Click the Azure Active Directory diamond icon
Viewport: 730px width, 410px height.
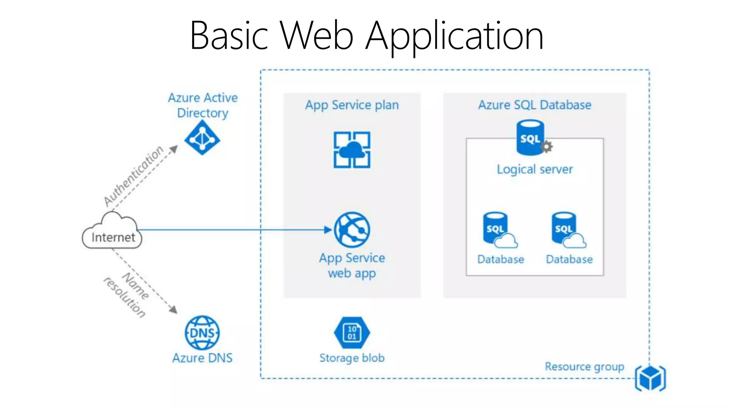tap(202, 138)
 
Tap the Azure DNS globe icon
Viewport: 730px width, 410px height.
tap(202, 333)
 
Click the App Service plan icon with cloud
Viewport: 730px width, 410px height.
tap(352, 150)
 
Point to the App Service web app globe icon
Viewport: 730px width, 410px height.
tap(352, 230)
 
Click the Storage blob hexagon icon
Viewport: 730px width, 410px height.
tap(352, 333)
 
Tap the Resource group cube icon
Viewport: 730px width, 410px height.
tap(650, 378)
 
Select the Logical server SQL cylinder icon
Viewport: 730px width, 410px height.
tap(530, 138)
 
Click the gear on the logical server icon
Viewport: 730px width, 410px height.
tap(547, 146)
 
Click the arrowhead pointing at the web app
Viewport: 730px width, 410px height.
tap(328, 230)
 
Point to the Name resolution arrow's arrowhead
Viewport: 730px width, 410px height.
tap(173, 310)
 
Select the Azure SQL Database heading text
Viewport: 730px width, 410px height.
tap(534, 105)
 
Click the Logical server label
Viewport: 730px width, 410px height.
tap(535, 169)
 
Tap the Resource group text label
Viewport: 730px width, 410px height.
tap(584, 367)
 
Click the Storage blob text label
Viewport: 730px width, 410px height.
tap(352, 358)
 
